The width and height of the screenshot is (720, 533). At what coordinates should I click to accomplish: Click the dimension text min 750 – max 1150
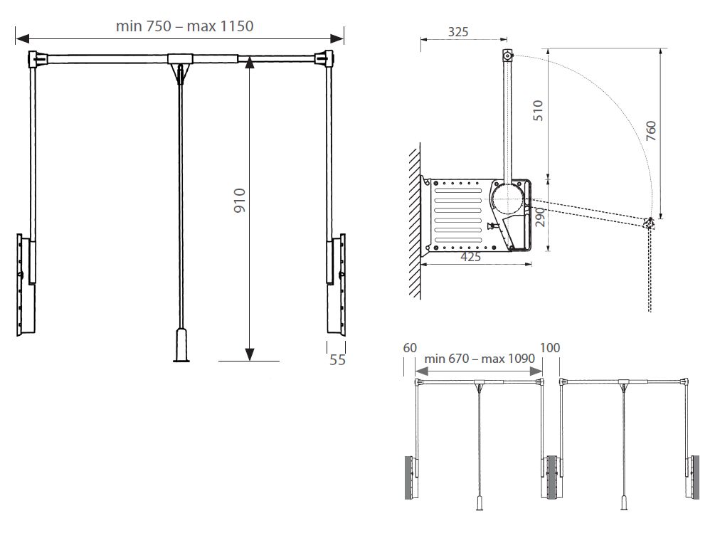click(x=184, y=26)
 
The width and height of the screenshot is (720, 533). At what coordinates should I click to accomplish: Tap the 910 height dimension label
click(x=240, y=200)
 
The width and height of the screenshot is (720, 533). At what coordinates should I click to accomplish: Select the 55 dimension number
click(x=337, y=360)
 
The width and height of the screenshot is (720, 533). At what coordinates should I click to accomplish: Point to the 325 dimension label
click(x=457, y=32)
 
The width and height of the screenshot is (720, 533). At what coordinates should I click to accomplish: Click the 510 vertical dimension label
click(x=538, y=110)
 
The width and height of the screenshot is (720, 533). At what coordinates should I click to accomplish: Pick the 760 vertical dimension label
click(x=651, y=131)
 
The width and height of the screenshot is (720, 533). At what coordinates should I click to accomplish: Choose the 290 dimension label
click(x=540, y=217)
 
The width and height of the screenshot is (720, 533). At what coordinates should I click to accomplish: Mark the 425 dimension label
click(x=470, y=257)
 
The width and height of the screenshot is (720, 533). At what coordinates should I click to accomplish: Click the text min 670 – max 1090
click(x=480, y=359)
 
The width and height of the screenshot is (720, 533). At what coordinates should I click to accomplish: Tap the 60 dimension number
click(x=410, y=348)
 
